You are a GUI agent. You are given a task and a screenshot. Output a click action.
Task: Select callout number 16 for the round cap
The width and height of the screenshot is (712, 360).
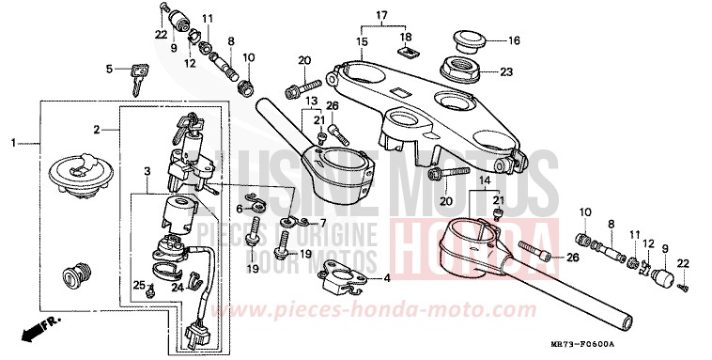pyautogui.click(x=514, y=41)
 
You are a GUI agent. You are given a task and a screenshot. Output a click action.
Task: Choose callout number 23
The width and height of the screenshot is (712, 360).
pyautogui.click(x=506, y=71)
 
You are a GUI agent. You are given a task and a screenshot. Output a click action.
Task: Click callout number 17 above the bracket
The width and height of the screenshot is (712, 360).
pyautogui.click(x=380, y=15)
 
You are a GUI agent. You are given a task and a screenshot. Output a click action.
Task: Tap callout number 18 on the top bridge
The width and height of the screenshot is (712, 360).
pyautogui.click(x=406, y=37)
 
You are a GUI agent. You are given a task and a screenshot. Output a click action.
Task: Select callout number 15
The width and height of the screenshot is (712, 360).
pyautogui.click(x=361, y=42)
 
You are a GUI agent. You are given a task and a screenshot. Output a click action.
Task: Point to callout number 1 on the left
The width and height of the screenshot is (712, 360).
pyautogui.click(x=13, y=143)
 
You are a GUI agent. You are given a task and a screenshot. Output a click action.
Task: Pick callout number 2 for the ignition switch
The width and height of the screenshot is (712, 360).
pyautogui.click(x=96, y=129)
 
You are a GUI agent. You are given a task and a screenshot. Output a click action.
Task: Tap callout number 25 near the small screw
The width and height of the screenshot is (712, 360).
pyautogui.click(x=138, y=283)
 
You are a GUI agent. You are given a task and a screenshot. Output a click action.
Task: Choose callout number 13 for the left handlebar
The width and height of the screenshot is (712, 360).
pyautogui.click(x=311, y=100)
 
